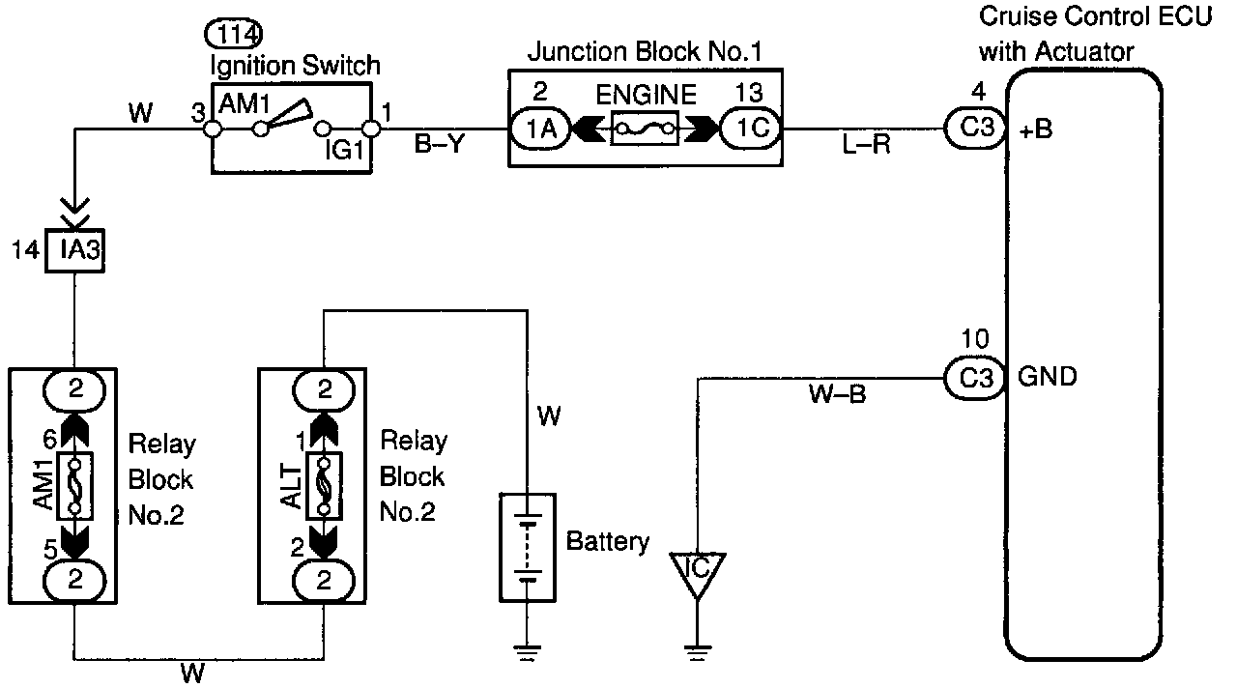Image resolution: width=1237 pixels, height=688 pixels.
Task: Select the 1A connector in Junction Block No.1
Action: [541, 129]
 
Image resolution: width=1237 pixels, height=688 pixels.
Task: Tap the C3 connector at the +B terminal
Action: [972, 129]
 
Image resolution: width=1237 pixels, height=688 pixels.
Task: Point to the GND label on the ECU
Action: [1048, 377]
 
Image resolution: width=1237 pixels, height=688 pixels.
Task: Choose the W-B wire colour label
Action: [837, 396]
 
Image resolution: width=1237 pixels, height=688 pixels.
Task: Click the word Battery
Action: [608, 542]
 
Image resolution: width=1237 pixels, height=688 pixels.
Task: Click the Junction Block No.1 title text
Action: [646, 52]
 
